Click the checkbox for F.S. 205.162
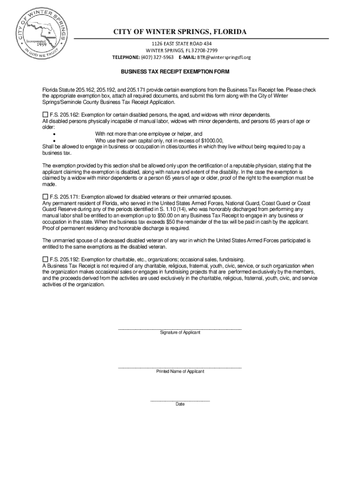tap(45, 115)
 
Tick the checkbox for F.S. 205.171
tap(45, 197)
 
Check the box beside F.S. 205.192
tap(45, 259)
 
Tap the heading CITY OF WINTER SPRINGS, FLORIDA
tap(180, 32)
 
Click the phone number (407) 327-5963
tap(158, 58)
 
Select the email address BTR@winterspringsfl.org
tap(223, 58)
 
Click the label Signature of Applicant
tap(180, 333)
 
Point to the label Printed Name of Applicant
tap(180, 371)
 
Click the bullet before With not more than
tap(55, 134)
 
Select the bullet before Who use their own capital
tap(55, 140)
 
